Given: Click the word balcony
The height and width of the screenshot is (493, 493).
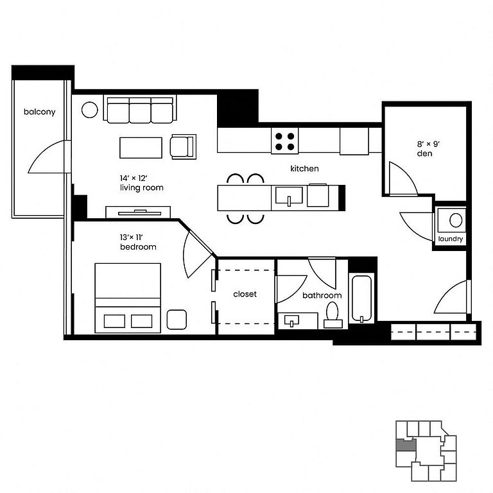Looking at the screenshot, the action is point(40,112).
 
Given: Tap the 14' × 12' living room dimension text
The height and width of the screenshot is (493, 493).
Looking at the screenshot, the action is point(134,178).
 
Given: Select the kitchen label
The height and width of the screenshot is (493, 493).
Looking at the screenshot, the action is point(304,169).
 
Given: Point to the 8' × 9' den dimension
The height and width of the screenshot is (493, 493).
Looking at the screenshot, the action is point(428,144).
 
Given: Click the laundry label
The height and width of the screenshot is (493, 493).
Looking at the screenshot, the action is point(451,239).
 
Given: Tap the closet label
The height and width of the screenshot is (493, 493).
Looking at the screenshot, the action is point(245,294).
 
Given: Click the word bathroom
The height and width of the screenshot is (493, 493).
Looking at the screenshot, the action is point(322,295).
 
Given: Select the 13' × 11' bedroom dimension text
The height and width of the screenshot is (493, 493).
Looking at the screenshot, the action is point(132,238).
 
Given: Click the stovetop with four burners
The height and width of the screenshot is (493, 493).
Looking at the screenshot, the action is point(284,141).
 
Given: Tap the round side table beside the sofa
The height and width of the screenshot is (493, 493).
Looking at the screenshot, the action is point(90,110).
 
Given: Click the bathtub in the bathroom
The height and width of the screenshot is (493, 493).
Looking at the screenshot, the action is point(361,298).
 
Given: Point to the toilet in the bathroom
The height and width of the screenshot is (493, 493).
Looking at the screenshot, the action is point(333,315).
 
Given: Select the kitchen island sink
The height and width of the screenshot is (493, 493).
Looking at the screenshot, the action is point(289,196).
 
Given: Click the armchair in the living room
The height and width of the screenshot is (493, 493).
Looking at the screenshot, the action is point(183,146).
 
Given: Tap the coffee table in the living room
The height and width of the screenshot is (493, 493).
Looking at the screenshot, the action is point(141,148).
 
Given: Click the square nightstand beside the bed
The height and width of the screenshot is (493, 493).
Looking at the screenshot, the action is point(177,320).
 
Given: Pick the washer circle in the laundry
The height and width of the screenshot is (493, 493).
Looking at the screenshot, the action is point(456,220).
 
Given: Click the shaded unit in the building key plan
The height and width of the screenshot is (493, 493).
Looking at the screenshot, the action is point(406,445).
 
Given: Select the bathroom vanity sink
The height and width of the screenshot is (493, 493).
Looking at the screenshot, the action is point(292,321).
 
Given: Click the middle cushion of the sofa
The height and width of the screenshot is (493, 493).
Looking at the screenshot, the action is point(140,110).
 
